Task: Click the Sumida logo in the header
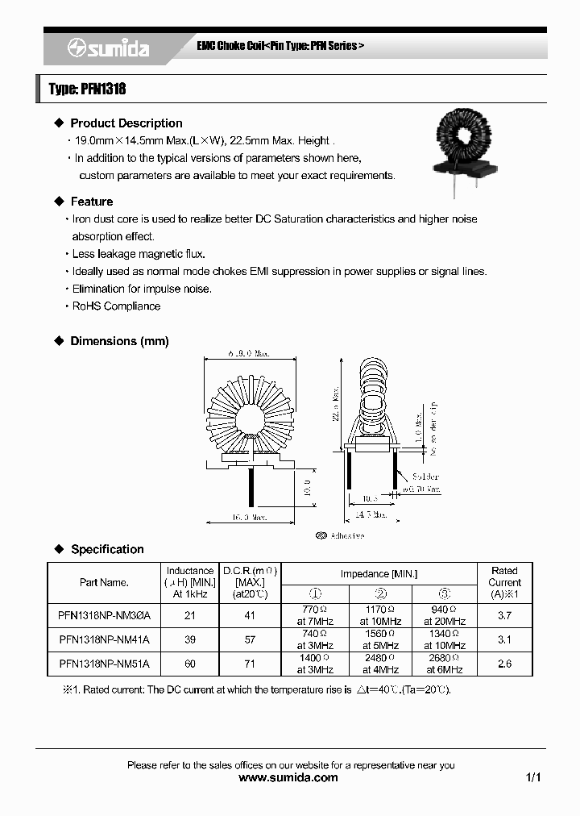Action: (108, 49)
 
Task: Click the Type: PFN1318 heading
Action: (87, 89)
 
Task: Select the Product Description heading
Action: (126, 123)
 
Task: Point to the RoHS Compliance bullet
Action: (116, 306)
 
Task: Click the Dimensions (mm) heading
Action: (119, 341)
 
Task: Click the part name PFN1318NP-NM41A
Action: (104, 639)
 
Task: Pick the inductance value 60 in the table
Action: (189, 664)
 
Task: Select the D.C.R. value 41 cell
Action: (250, 615)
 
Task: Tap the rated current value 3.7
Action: (504, 615)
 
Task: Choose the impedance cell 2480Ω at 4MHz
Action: (380, 664)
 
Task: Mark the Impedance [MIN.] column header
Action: (380, 574)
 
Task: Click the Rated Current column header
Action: (504, 581)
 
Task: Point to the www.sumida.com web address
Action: (289, 778)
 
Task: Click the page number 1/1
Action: (532, 778)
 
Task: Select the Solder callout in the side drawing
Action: (425, 477)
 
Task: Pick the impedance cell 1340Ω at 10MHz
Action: (445, 639)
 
